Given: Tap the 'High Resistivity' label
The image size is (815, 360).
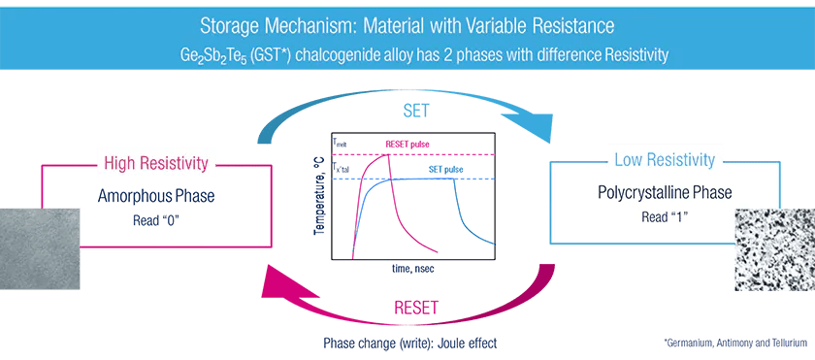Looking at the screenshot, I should [x=155, y=161].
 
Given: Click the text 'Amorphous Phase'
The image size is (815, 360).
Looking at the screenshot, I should [x=156, y=197].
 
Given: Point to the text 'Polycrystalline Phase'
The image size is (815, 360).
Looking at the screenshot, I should [x=665, y=193].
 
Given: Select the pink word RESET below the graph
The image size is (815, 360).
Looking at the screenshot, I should [x=415, y=308].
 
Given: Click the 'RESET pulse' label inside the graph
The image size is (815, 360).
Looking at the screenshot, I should [x=408, y=144].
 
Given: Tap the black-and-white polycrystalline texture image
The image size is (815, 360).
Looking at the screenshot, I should [x=776, y=246].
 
